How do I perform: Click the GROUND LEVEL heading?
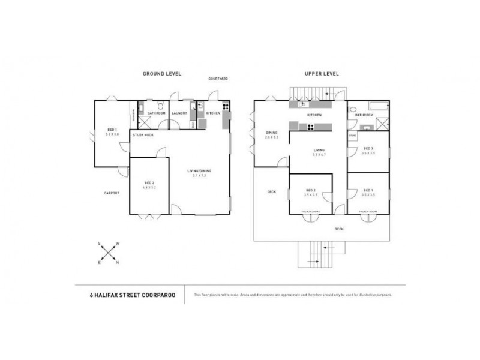(161, 73)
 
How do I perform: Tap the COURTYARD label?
(218, 79)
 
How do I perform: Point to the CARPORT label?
(111, 193)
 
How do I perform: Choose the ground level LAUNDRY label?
(179, 113)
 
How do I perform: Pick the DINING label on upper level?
(271, 133)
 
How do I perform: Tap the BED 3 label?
(368, 149)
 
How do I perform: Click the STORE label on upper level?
(353, 136)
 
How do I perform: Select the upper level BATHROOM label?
(365, 114)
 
